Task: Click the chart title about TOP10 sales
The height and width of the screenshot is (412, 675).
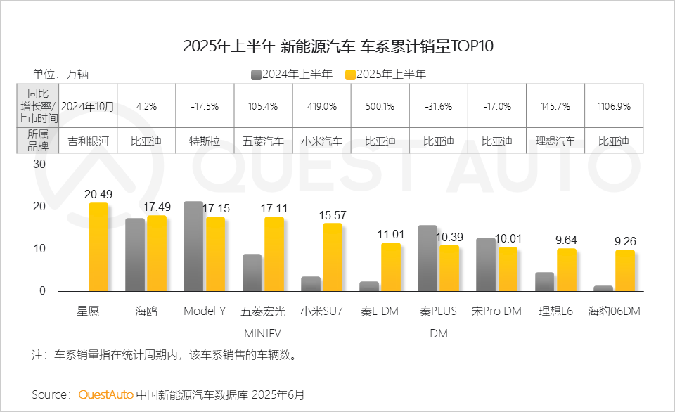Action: point(338,47)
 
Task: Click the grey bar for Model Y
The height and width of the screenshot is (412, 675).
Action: point(193,246)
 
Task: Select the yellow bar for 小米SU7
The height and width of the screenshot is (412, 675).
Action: point(333,257)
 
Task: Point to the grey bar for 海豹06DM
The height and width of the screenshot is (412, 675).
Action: point(603,288)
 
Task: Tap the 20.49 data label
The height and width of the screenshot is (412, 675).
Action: point(98,195)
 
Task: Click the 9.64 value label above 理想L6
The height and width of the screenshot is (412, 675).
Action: point(567,240)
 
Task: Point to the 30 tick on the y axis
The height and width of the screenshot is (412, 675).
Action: point(39,165)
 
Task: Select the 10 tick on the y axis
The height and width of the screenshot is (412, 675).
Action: point(39,249)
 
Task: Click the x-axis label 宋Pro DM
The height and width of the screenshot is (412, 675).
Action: point(496,311)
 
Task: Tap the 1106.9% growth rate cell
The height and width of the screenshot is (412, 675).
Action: point(614,107)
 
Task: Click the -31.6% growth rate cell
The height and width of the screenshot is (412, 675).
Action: point(438,107)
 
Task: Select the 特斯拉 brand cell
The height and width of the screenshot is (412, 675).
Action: point(205,141)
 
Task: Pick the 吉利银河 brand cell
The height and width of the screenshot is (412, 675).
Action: point(88,141)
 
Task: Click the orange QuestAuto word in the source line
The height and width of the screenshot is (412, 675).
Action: point(105,394)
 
